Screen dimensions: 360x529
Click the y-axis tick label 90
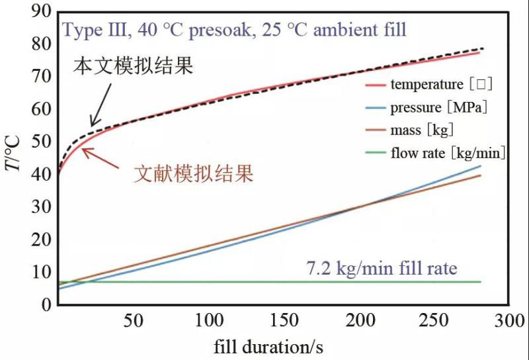point(41,11)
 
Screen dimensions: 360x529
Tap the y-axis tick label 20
point(41,240)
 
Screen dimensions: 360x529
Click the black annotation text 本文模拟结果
point(133,66)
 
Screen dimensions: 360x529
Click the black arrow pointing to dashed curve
point(100,106)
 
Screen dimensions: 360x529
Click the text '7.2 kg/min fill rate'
point(382,269)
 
